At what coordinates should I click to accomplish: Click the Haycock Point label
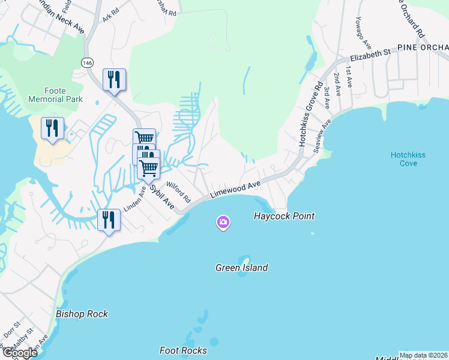(284, 216)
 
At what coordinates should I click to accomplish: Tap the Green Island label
(241, 268)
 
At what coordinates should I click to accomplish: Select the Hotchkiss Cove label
(408, 159)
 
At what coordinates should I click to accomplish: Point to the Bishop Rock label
(82, 314)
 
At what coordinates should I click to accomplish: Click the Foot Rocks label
(183, 350)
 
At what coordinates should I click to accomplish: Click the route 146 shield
(88, 62)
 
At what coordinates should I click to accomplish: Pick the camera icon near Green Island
(223, 223)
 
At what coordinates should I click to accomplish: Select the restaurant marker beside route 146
(114, 80)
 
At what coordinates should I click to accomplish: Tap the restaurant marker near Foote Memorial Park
(52, 128)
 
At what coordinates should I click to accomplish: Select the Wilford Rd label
(178, 192)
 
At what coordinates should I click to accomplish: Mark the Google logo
(19, 353)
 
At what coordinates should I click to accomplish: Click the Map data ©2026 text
(423, 355)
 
